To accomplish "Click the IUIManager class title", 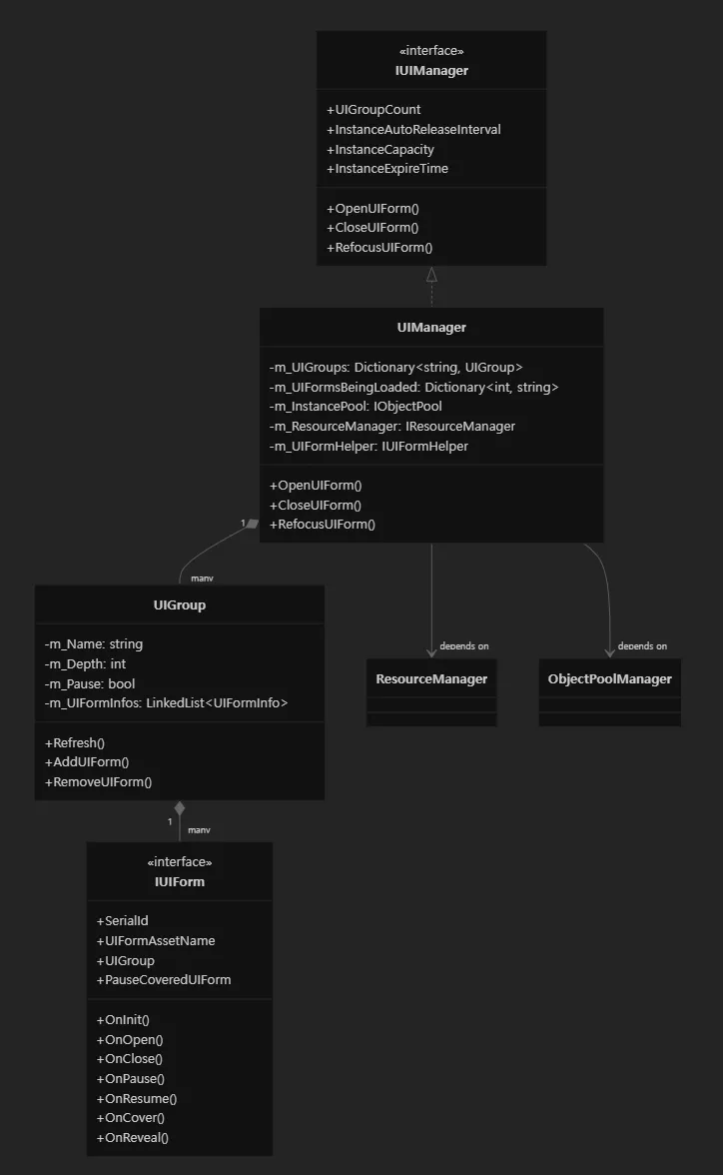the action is [x=431, y=70].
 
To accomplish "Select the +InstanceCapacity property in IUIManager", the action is [x=379, y=149].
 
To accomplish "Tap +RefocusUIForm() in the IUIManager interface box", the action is [x=379, y=248].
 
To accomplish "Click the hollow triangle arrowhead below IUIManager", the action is [x=431, y=275].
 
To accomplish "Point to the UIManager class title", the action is [x=431, y=328].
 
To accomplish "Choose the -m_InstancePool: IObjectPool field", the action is [x=356, y=406].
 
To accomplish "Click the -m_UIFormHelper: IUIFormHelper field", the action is [x=368, y=446].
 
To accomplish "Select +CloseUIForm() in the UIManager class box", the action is [x=316, y=506].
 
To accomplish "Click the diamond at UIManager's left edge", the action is [x=253, y=524].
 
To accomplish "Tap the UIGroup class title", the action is [x=180, y=604].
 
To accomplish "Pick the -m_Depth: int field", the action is [x=86, y=663].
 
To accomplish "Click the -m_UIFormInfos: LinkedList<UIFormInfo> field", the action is [x=167, y=703].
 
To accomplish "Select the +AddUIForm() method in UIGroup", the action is [x=87, y=762].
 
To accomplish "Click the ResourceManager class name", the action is [x=431, y=679].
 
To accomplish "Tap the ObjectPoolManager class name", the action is [x=610, y=679].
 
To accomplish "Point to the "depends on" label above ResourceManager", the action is [x=464, y=645].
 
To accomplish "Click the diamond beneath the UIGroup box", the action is [x=180, y=808].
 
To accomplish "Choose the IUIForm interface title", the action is [x=180, y=882].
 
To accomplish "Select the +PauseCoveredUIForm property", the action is [x=164, y=979].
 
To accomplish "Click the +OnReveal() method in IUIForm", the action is [x=133, y=1137].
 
